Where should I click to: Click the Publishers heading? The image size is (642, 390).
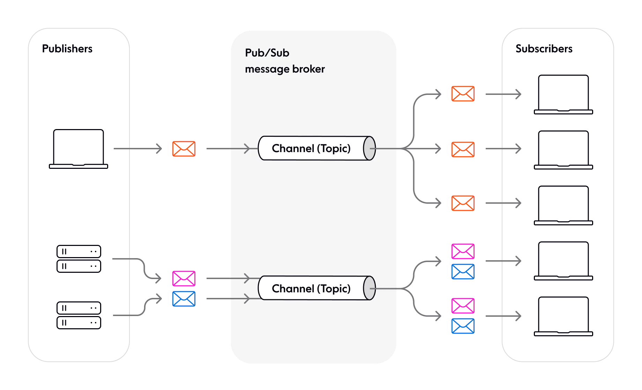67,48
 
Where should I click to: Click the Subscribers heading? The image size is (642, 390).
544,48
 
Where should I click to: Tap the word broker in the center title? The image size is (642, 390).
308,69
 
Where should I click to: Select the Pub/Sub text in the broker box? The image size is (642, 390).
267,53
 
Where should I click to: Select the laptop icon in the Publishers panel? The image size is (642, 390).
79,149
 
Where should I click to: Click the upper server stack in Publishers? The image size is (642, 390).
79,259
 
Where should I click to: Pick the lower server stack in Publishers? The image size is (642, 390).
79,315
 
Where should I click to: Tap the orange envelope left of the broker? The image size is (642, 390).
184,149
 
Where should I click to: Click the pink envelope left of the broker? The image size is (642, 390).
184,278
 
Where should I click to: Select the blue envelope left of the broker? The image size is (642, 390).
184,299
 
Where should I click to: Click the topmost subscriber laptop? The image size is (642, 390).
563,94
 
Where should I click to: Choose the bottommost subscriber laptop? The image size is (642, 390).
563,316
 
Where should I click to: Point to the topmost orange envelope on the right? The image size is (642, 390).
463,93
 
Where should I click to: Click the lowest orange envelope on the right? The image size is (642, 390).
463,203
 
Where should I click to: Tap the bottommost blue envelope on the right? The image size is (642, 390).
463,326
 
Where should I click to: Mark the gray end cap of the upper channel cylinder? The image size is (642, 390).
369,148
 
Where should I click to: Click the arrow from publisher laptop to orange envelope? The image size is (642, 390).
138,149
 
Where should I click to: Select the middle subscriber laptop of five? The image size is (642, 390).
563,205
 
